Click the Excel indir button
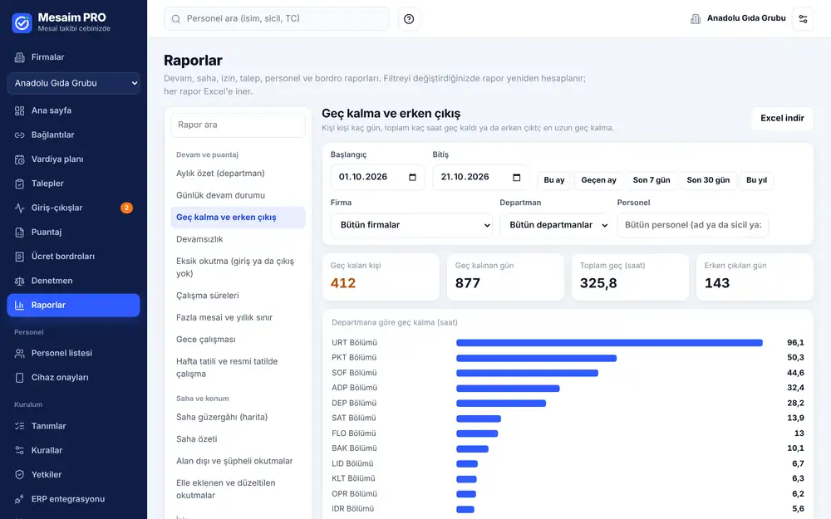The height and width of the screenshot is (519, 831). (782, 118)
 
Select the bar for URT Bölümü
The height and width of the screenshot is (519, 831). (609, 343)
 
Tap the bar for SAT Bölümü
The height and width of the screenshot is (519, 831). (479, 419)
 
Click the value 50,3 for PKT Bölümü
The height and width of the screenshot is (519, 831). (795, 357)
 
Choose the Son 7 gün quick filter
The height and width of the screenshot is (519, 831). (652, 180)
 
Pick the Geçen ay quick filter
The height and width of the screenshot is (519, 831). (598, 180)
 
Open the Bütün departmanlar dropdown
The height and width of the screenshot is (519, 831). (555, 225)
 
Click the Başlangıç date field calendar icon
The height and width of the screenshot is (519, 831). (412, 177)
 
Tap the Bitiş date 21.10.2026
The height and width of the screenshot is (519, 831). (465, 177)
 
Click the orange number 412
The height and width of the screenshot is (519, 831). (343, 283)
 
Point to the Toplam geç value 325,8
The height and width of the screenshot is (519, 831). (598, 283)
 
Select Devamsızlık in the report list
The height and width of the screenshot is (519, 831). (199, 239)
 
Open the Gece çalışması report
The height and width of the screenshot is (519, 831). (205, 340)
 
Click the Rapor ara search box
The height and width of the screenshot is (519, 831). (238, 125)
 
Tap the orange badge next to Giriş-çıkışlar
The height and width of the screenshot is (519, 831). (126, 208)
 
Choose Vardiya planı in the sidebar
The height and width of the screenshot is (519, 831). (57, 159)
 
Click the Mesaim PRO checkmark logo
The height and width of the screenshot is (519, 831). (22, 22)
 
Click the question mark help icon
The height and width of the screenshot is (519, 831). (409, 19)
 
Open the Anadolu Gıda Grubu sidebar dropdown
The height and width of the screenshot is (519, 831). (74, 83)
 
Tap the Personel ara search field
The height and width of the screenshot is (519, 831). (277, 18)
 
